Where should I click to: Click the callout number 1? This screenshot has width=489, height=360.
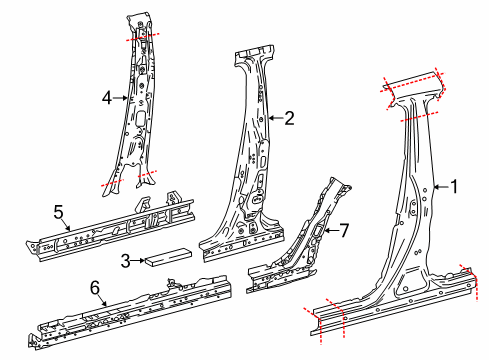(454, 187)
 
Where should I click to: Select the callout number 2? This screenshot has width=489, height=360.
(289, 118)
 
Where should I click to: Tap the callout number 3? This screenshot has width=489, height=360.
(125, 261)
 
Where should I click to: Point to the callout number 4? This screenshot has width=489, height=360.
(107, 98)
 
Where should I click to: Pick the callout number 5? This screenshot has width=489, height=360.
(58, 212)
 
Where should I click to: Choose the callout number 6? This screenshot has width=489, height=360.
(95, 288)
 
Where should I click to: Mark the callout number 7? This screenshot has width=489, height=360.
(344, 230)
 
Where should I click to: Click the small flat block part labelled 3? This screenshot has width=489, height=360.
(168, 257)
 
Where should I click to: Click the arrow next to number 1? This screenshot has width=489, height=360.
(441, 187)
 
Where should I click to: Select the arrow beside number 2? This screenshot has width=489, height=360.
(276, 118)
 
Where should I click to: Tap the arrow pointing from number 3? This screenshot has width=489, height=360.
(138, 260)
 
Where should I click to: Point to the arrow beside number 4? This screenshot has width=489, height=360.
(120, 98)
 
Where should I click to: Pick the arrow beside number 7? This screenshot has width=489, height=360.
(331, 230)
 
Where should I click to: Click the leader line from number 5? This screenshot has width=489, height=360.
(65, 225)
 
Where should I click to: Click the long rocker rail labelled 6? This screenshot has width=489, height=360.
(130, 312)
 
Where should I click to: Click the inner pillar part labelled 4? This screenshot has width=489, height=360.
(137, 103)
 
